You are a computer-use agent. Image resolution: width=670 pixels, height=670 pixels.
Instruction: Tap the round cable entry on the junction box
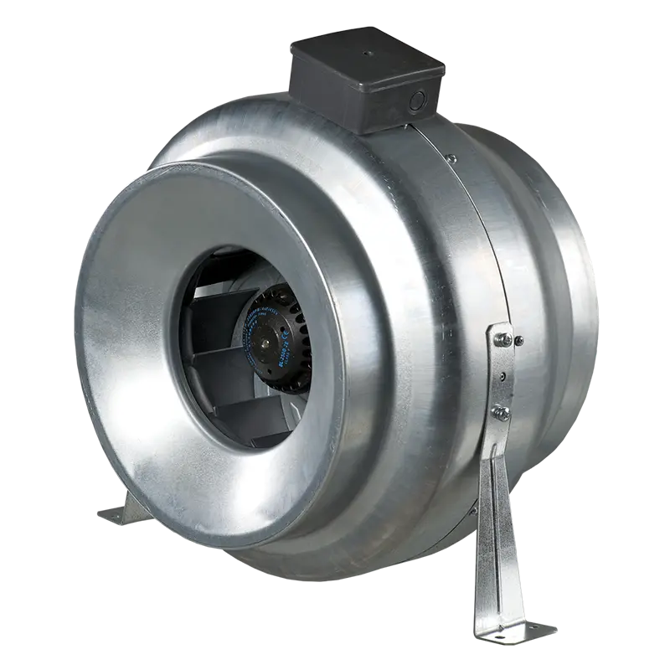pos(416,102)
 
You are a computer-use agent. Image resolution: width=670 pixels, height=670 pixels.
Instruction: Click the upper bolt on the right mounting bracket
pos(502,338)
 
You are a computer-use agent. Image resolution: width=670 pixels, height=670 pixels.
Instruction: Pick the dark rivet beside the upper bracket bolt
pos(519,341)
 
